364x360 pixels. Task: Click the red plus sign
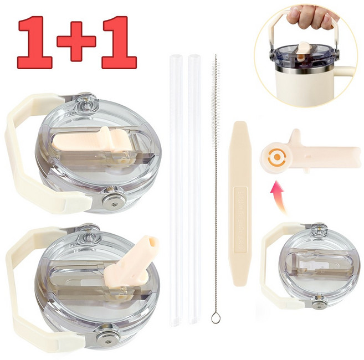pos(76,42)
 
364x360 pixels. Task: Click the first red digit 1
pos(35,43)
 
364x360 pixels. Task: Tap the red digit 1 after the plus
pos(119,43)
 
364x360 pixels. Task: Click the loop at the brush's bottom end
pos(215,317)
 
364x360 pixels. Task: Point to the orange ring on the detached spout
pos(276,157)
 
